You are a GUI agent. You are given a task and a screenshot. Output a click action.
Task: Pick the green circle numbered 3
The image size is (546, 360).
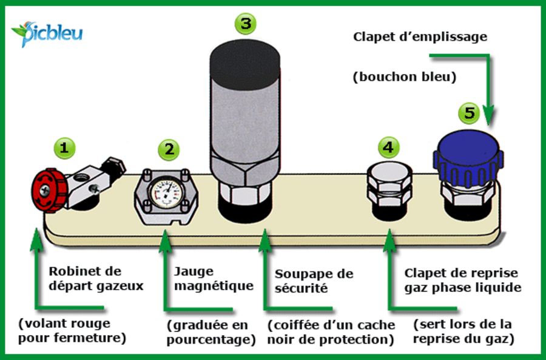[244, 24]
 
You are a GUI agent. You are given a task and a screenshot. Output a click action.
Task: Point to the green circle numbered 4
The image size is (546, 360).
[388, 146]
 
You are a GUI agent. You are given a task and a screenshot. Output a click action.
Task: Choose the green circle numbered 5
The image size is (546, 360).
[469, 112]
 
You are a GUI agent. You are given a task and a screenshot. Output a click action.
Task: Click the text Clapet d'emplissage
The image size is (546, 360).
[420, 37]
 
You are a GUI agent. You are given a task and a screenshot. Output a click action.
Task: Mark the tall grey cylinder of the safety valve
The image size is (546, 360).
[245, 115]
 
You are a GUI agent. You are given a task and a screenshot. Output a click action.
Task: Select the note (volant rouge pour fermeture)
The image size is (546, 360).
[72, 330]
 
